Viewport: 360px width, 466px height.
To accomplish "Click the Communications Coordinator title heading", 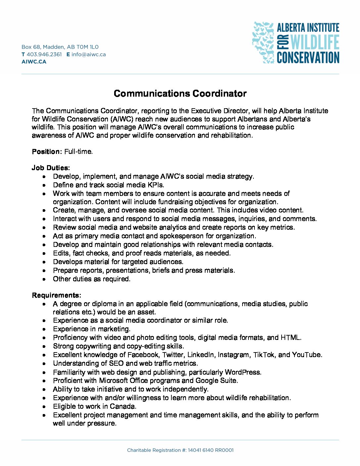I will pos(180,94).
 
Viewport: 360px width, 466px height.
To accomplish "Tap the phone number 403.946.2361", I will pos(44,54).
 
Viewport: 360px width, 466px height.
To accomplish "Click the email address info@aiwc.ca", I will pos(89,54).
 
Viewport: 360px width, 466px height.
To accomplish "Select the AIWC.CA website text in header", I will pos(34,62).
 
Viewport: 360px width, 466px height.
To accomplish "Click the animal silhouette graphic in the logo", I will pos(263,42).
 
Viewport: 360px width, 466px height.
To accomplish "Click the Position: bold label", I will pos(47,152).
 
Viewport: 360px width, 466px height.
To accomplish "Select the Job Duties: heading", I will pos(51,168).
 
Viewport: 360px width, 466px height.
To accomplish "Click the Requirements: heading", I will pos(56,295).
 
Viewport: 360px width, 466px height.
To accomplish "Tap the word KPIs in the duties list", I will pos(156,185).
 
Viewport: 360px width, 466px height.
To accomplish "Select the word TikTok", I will pos(264,355).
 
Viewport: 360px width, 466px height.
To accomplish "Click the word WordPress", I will pos(243,372).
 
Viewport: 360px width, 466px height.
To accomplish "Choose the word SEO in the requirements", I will pos(116,363).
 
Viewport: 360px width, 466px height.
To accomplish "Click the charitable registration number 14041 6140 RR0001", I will pos(210,450).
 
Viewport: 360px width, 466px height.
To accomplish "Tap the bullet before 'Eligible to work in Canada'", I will pos(44,407).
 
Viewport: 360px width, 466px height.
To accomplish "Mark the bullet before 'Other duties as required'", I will pos(44,279).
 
